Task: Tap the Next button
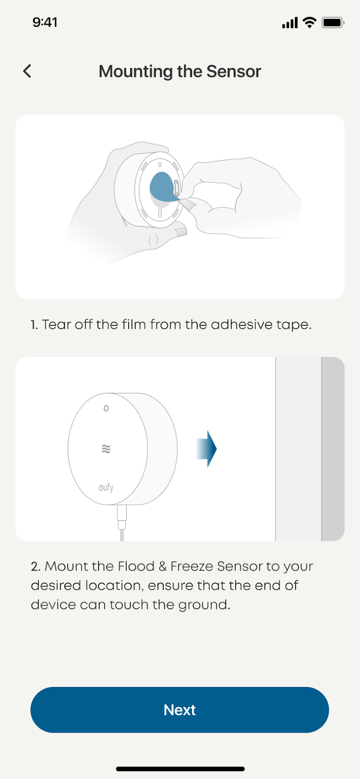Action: click(x=180, y=710)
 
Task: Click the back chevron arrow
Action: click(x=27, y=71)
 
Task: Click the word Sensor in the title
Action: click(x=234, y=71)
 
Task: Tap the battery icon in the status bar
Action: click(x=333, y=23)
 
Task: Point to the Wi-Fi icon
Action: click(x=309, y=22)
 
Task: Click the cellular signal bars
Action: click(x=290, y=23)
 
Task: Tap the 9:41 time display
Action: click(x=45, y=22)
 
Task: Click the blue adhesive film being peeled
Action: click(x=162, y=187)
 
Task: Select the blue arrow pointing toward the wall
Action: click(x=207, y=449)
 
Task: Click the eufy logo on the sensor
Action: click(x=106, y=487)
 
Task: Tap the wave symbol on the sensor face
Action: click(x=106, y=449)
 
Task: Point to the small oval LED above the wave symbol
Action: click(x=106, y=408)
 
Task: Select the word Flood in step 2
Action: click(x=136, y=566)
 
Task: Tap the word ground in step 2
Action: click(x=204, y=605)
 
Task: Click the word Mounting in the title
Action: click(x=136, y=72)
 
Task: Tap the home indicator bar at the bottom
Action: click(x=180, y=769)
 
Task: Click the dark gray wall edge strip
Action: click(x=333, y=448)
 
